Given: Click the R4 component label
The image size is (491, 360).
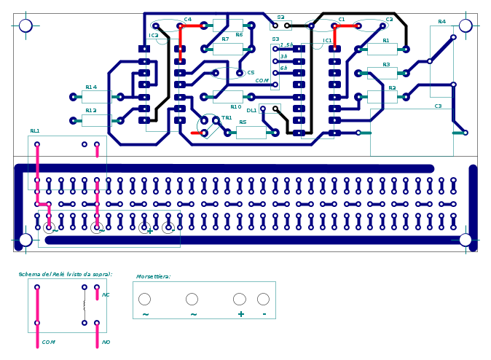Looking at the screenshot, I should point(441,22).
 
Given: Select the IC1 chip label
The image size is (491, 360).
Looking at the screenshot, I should point(328,41).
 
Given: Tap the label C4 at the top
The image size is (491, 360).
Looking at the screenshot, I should point(188,20).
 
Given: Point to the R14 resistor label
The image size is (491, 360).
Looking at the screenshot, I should point(90,87).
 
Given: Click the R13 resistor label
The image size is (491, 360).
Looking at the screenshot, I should point(90,111).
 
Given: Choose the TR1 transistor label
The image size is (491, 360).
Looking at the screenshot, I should point(227,118).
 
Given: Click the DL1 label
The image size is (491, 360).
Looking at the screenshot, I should point(251,111).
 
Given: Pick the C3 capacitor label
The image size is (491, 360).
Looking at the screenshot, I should point(438,106).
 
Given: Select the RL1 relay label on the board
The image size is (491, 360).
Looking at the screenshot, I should point(35,131).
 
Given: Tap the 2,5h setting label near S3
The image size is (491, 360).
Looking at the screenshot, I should point(286,45).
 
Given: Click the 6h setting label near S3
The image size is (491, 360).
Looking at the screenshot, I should point(283,68).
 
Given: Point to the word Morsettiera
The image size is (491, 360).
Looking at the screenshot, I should point(153,277).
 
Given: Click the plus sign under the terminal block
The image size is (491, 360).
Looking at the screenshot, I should point(240,314).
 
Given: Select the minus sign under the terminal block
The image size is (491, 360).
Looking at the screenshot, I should point(264,314).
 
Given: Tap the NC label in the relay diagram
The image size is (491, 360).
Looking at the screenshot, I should point(106,295).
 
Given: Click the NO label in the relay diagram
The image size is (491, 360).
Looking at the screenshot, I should point(106,342).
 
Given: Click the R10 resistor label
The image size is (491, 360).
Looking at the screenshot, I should point(235,107).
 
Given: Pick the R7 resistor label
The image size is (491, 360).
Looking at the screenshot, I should point(225,39).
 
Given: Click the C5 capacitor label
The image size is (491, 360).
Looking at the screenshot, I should point(251,73).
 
